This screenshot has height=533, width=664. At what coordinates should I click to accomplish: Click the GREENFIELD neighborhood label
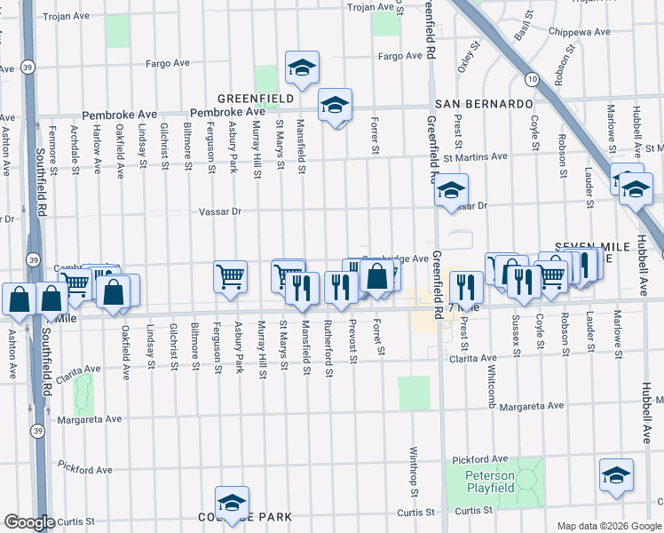click(257, 99)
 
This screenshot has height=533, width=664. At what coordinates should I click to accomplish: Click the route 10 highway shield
click(531, 79)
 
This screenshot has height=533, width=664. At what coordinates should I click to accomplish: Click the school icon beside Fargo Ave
click(302, 67)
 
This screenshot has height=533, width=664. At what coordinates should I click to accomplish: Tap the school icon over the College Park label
click(232, 501)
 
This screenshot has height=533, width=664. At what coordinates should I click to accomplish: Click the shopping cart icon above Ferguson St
click(231, 275)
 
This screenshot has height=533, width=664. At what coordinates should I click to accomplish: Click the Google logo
click(29, 522)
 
